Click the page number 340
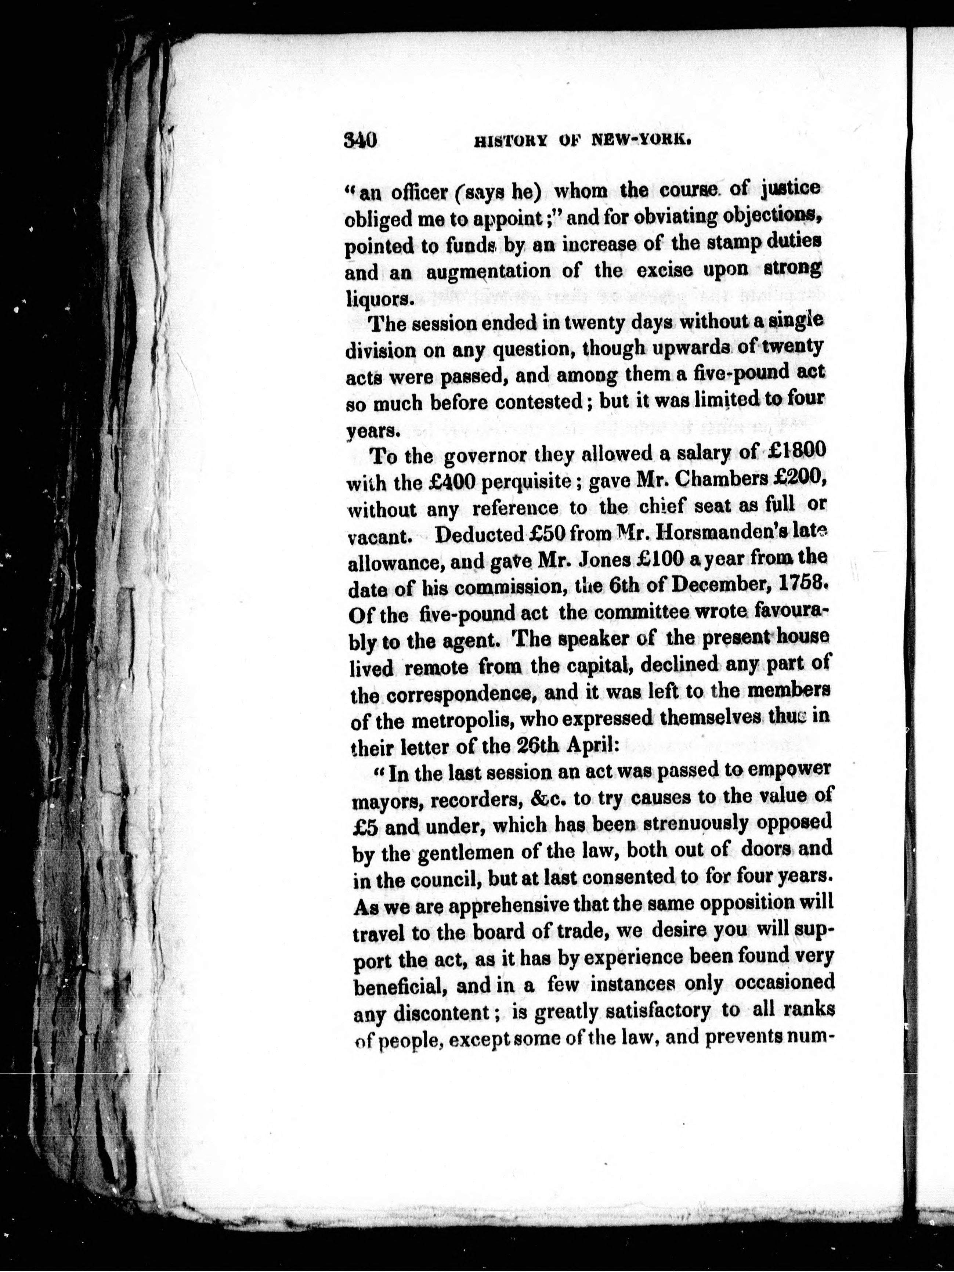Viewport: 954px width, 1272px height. [x=359, y=140]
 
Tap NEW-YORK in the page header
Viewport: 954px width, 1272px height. [x=640, y=141]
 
